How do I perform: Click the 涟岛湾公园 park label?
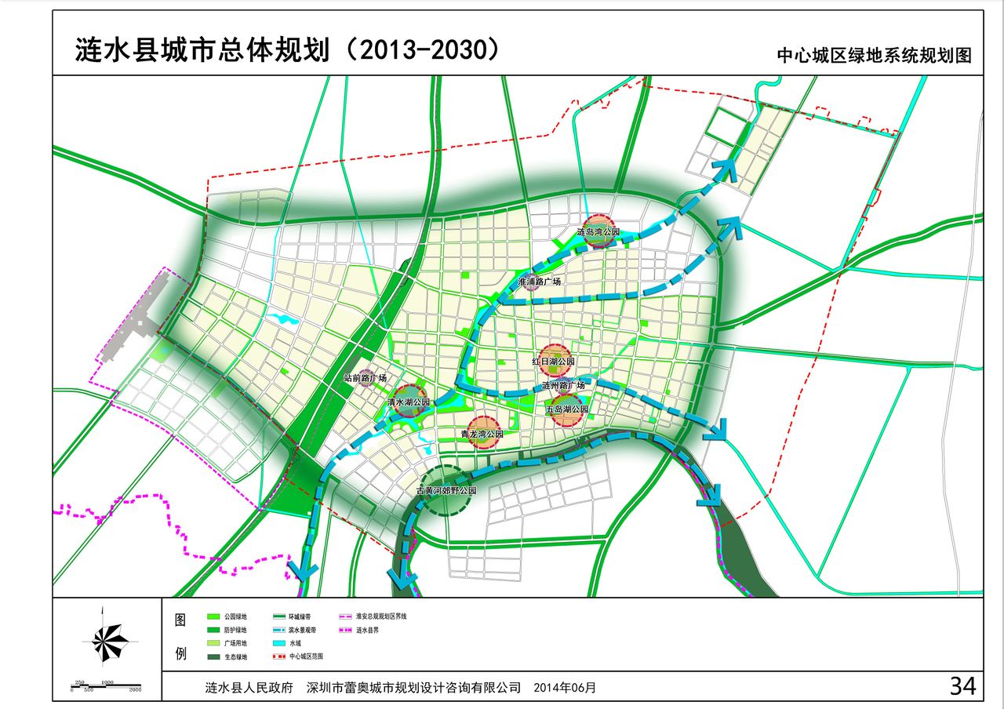598,233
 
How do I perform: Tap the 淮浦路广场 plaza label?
539,282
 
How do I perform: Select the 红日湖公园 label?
554,362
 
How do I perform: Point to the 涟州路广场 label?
564,386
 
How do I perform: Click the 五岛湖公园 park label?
566,409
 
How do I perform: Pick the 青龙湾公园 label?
482,434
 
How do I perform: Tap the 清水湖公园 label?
409,402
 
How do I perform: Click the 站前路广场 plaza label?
366,378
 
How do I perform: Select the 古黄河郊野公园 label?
446,490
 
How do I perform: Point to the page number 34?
962,686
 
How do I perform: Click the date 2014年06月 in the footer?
564,688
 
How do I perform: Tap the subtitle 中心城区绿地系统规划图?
874,56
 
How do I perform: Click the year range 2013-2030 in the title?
422,50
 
